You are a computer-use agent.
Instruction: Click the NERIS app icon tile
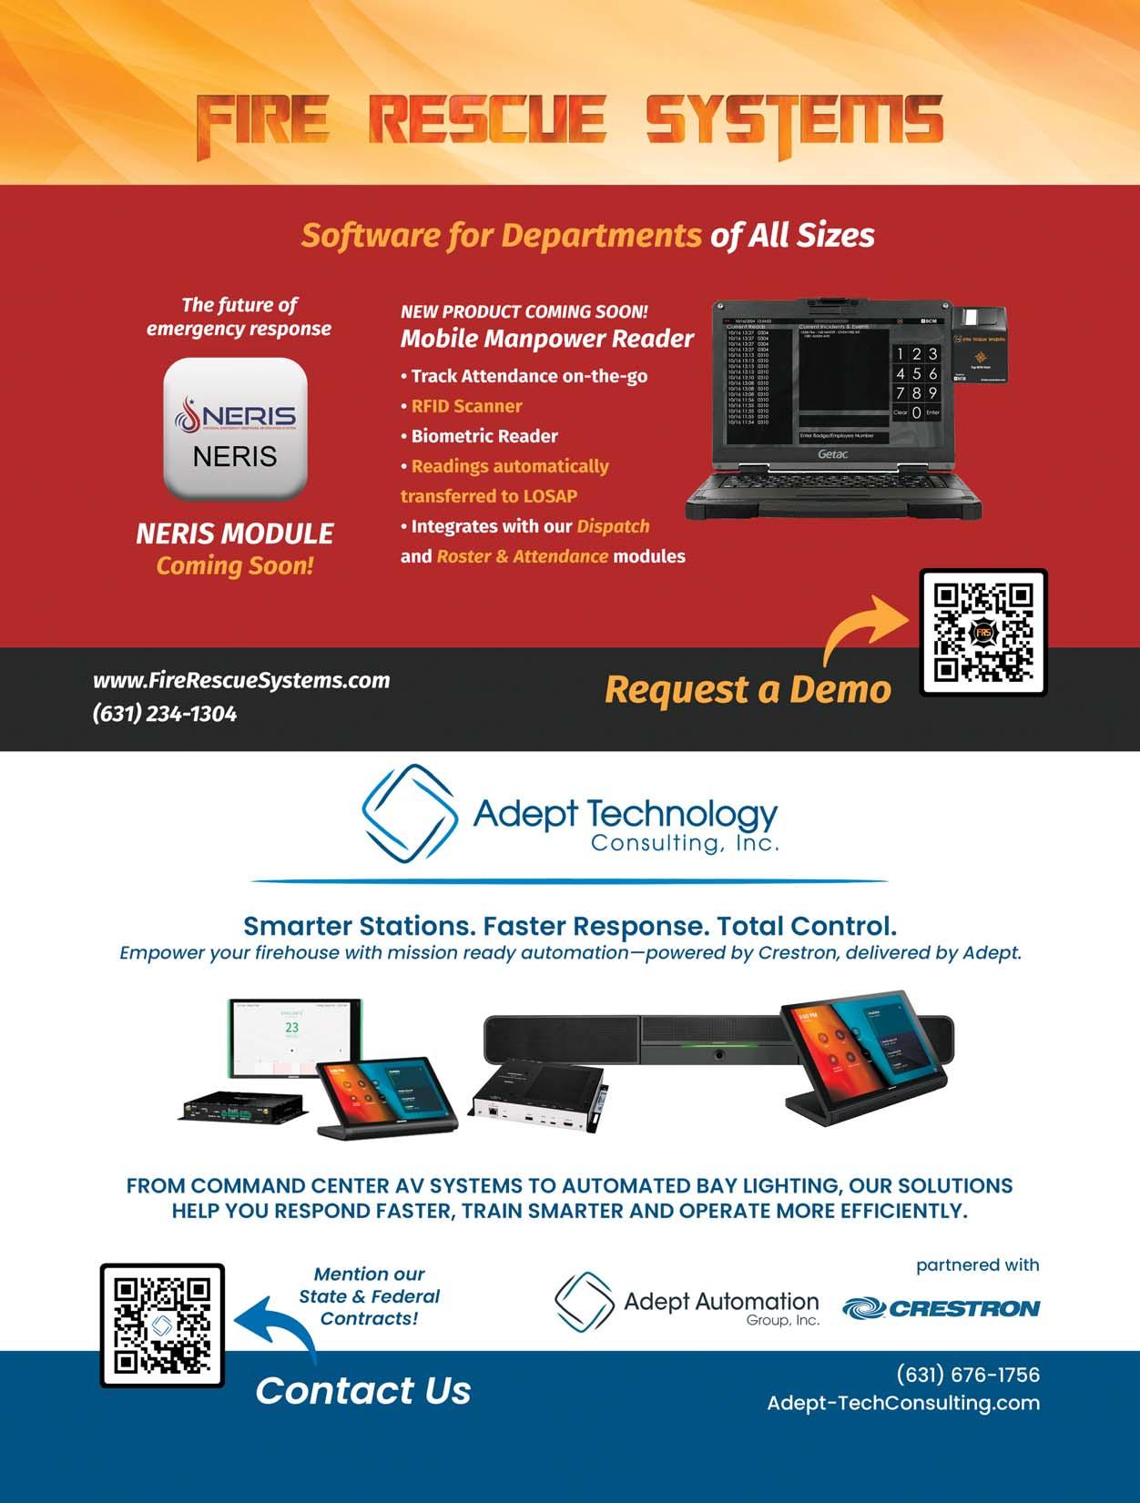(x=235, y=429)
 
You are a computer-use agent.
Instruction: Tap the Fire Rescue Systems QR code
(x=982, y=633)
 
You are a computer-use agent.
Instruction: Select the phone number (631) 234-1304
(x=165, y=714)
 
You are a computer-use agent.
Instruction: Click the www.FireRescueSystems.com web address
(x=241, y=680)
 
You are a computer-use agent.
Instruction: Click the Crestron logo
(x=941, y=1308)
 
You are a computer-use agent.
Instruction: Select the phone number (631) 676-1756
(x=968, y=1375)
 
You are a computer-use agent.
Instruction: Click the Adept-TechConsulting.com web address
(x=903, y=1403)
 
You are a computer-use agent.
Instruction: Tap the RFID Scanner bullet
(x=466, y=406)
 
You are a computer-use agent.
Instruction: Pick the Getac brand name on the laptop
(x=832, y=453)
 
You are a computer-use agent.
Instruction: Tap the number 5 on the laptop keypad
(x=916, y=373)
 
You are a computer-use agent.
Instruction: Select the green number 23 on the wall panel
(x=291, y=1028)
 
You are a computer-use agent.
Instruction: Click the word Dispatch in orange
(x=613, y=526)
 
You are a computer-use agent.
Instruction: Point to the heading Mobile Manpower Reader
(x=546, y=339)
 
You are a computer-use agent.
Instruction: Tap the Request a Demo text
(x=748, y=689)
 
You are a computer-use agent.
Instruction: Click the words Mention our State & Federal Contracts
(x=369, y=1295)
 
